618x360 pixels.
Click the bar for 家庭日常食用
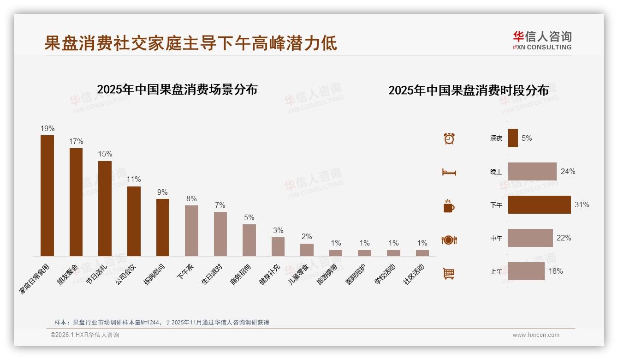[47, 196]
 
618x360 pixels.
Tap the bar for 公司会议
[134, 221]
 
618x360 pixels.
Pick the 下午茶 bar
[191, 231]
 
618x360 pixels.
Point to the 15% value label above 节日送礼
[105, 154]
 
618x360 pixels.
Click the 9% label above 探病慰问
[162, 192]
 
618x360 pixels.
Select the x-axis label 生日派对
[213, 275]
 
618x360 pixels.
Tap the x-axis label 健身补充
[270, 275]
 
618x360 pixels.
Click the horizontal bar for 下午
[539, 204]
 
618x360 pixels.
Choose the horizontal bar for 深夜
[513, 138]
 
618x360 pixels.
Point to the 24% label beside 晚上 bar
[568, 171]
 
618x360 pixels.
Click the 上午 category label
[496, 271]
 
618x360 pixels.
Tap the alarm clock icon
[449, 138]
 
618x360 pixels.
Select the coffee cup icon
[449, 206]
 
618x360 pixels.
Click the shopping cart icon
[449, 273]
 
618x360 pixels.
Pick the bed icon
[449, 172]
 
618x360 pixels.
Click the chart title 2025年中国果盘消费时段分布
[469, 90]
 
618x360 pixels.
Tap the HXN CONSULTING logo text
[542, 47]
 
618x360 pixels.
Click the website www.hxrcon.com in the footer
[536, 335]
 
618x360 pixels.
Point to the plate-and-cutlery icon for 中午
[449, 240]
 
